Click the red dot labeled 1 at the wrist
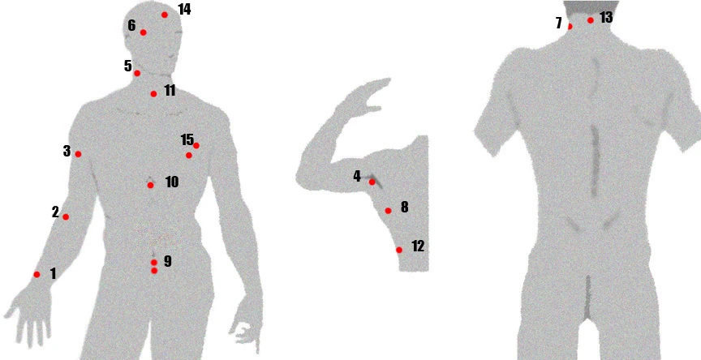[37, 275]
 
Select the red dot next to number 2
[66, 217]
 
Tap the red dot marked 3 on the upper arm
[78, 154]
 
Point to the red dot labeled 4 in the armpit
[372, 182]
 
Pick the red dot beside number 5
[137, 73]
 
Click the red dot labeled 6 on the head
[143, 32]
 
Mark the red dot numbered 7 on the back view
[570, 27]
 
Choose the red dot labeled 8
[388, 211]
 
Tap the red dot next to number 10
[151, 185]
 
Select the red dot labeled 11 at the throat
[154, 94]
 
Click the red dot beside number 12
[399, 250]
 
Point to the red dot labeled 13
[591, 20]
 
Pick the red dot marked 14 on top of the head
[165, 15]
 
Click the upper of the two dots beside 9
[154, 263]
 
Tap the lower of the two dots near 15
[189, 156]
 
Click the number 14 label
[184, 9]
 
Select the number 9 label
[168, 261]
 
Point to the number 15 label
[187, 139]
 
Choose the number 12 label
[418, 246]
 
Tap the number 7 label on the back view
[559, 24]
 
